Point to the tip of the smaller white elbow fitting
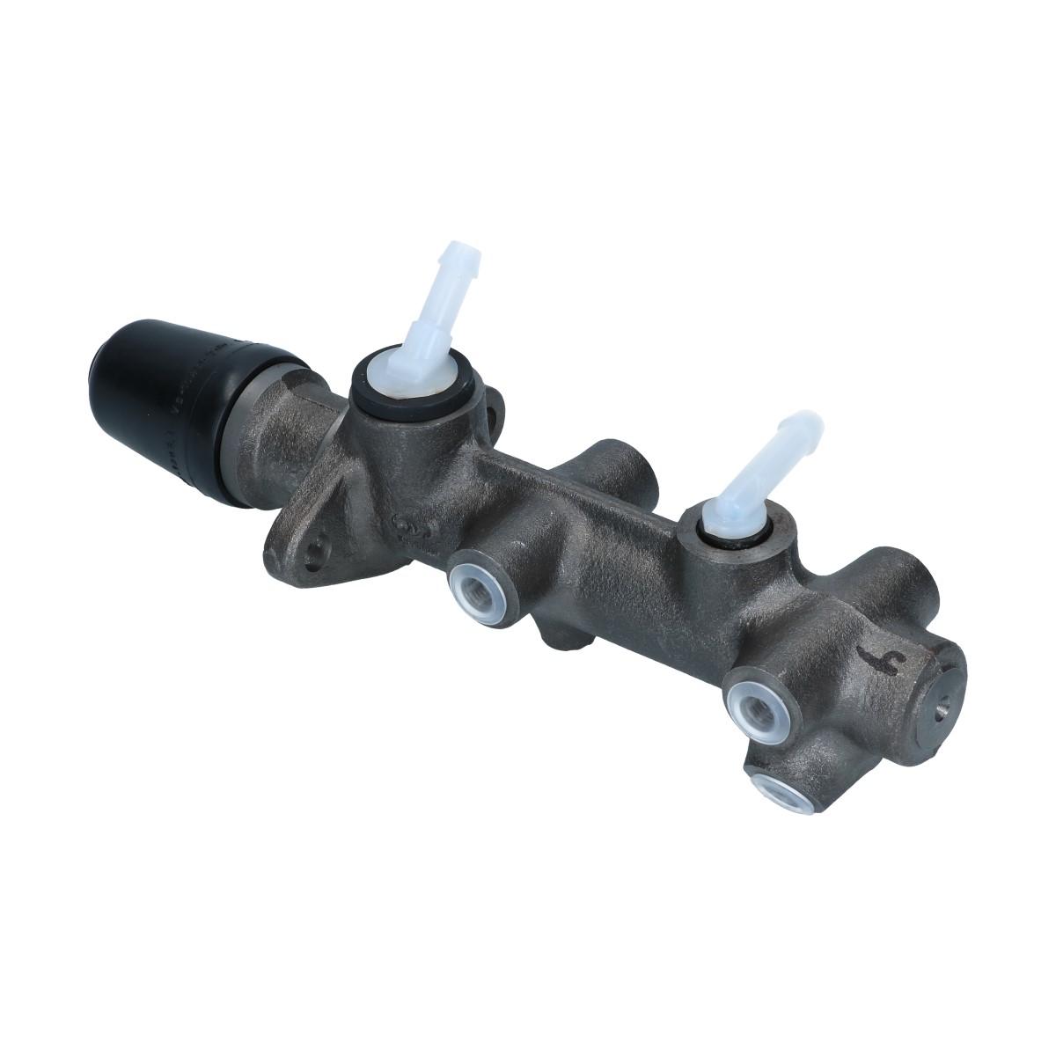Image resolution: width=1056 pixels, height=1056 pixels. [x=807, y=425]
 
